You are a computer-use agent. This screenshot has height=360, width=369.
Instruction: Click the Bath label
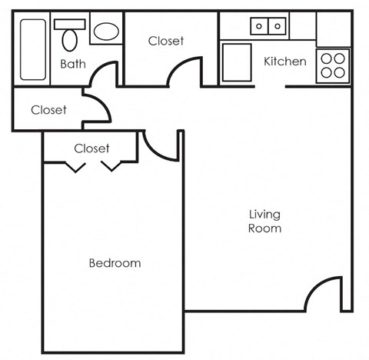(72, 64)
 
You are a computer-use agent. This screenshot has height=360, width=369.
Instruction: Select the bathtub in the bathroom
(33, 49)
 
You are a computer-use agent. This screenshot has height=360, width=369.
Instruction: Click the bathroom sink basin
(106, 32)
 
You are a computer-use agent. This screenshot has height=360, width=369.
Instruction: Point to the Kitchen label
(285, 62)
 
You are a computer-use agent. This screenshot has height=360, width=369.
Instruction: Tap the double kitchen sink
(268, 26)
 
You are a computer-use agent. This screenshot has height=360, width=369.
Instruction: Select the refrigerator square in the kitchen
(237, 62)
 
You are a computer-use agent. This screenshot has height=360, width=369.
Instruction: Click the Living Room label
(264, 221)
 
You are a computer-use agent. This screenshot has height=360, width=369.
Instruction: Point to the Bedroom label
(115, 263)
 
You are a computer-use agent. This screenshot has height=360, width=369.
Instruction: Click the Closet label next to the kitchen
(166, 41)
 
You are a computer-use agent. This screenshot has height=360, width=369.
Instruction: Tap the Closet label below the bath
(48, 110)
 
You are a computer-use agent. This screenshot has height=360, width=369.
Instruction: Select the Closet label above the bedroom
(91, 148)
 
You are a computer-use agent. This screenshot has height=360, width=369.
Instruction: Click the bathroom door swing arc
(101, 75)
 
